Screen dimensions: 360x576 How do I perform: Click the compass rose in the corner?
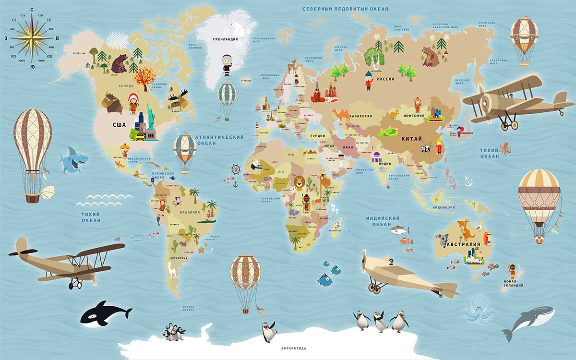click(32, 37)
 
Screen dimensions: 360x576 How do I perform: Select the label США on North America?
click(119, 125)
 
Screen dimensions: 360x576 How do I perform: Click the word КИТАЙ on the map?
click(412, 139)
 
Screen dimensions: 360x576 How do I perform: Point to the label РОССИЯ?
click(385, 79)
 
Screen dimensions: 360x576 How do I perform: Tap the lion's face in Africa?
click(298, 182)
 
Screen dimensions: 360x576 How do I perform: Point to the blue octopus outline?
click(479, 310)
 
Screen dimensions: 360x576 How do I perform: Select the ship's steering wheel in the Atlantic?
click(235, 169)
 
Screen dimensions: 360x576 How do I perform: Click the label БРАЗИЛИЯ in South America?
click(190, 212)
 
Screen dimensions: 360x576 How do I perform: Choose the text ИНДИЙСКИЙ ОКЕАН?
click(383, 221)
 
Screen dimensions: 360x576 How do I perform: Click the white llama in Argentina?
click(172, 269)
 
